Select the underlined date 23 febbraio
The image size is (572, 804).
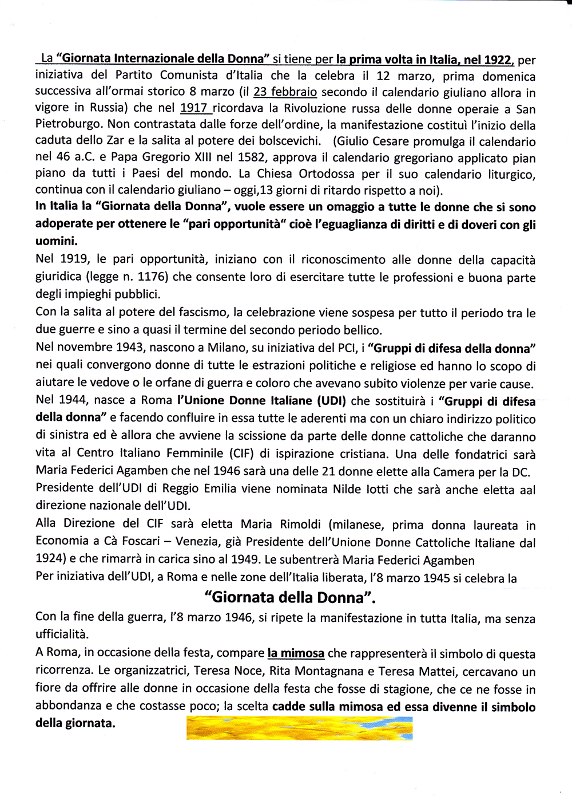click(285, 92)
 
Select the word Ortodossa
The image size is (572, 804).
click(325, 174)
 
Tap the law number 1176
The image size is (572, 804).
click(151, 278)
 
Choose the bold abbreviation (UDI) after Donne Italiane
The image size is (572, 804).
click(330, 401)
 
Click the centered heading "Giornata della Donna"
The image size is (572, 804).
click(291, 597)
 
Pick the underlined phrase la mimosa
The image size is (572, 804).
click(296, 653)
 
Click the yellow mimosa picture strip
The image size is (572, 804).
click(299, 728)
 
